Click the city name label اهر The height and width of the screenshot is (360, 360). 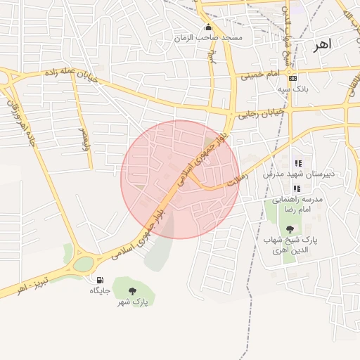[x=322, y=44]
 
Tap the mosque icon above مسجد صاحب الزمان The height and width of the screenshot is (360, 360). [x=208, y=27]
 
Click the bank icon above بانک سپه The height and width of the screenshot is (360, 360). [x=292, y=78]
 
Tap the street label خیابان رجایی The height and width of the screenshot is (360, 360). [x=262, y=112]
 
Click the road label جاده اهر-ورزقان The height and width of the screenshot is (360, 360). [x=22, y=123]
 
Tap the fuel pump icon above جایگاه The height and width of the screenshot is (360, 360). [x=98, y=280]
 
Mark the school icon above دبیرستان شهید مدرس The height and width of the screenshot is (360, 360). [x=298, y=163]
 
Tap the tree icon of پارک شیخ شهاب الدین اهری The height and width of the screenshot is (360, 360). [x=290, y=229]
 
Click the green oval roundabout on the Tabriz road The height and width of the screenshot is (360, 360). [x=83, y=264]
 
